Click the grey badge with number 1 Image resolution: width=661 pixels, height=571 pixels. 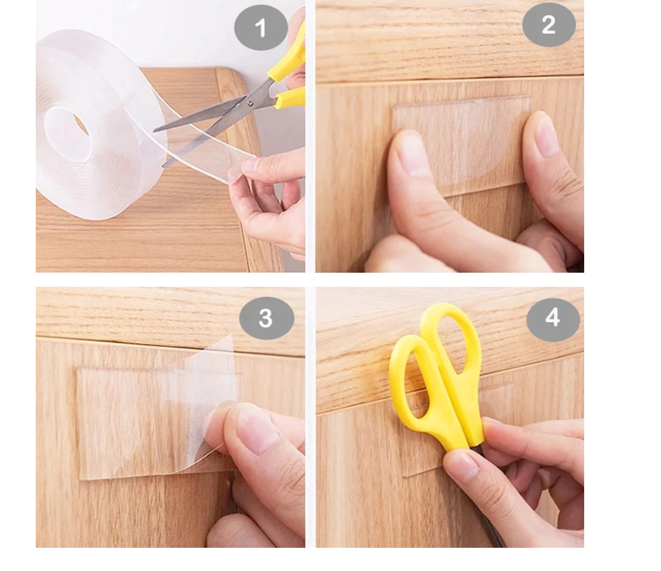(x=261, y=28)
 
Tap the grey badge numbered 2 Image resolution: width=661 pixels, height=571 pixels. (x=548, y=25)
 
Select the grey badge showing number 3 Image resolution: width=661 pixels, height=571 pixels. (x=266, y=318)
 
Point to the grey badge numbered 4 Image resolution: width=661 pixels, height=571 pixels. (x=553, y=318)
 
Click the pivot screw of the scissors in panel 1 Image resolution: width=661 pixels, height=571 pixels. (x=250, y=103)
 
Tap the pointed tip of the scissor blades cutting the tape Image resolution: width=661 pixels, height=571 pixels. (x=154, y=130)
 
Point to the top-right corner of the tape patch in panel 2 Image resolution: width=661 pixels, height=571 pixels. (x=531, y=96)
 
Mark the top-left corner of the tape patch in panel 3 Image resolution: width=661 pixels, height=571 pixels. (x=78, y=368)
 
